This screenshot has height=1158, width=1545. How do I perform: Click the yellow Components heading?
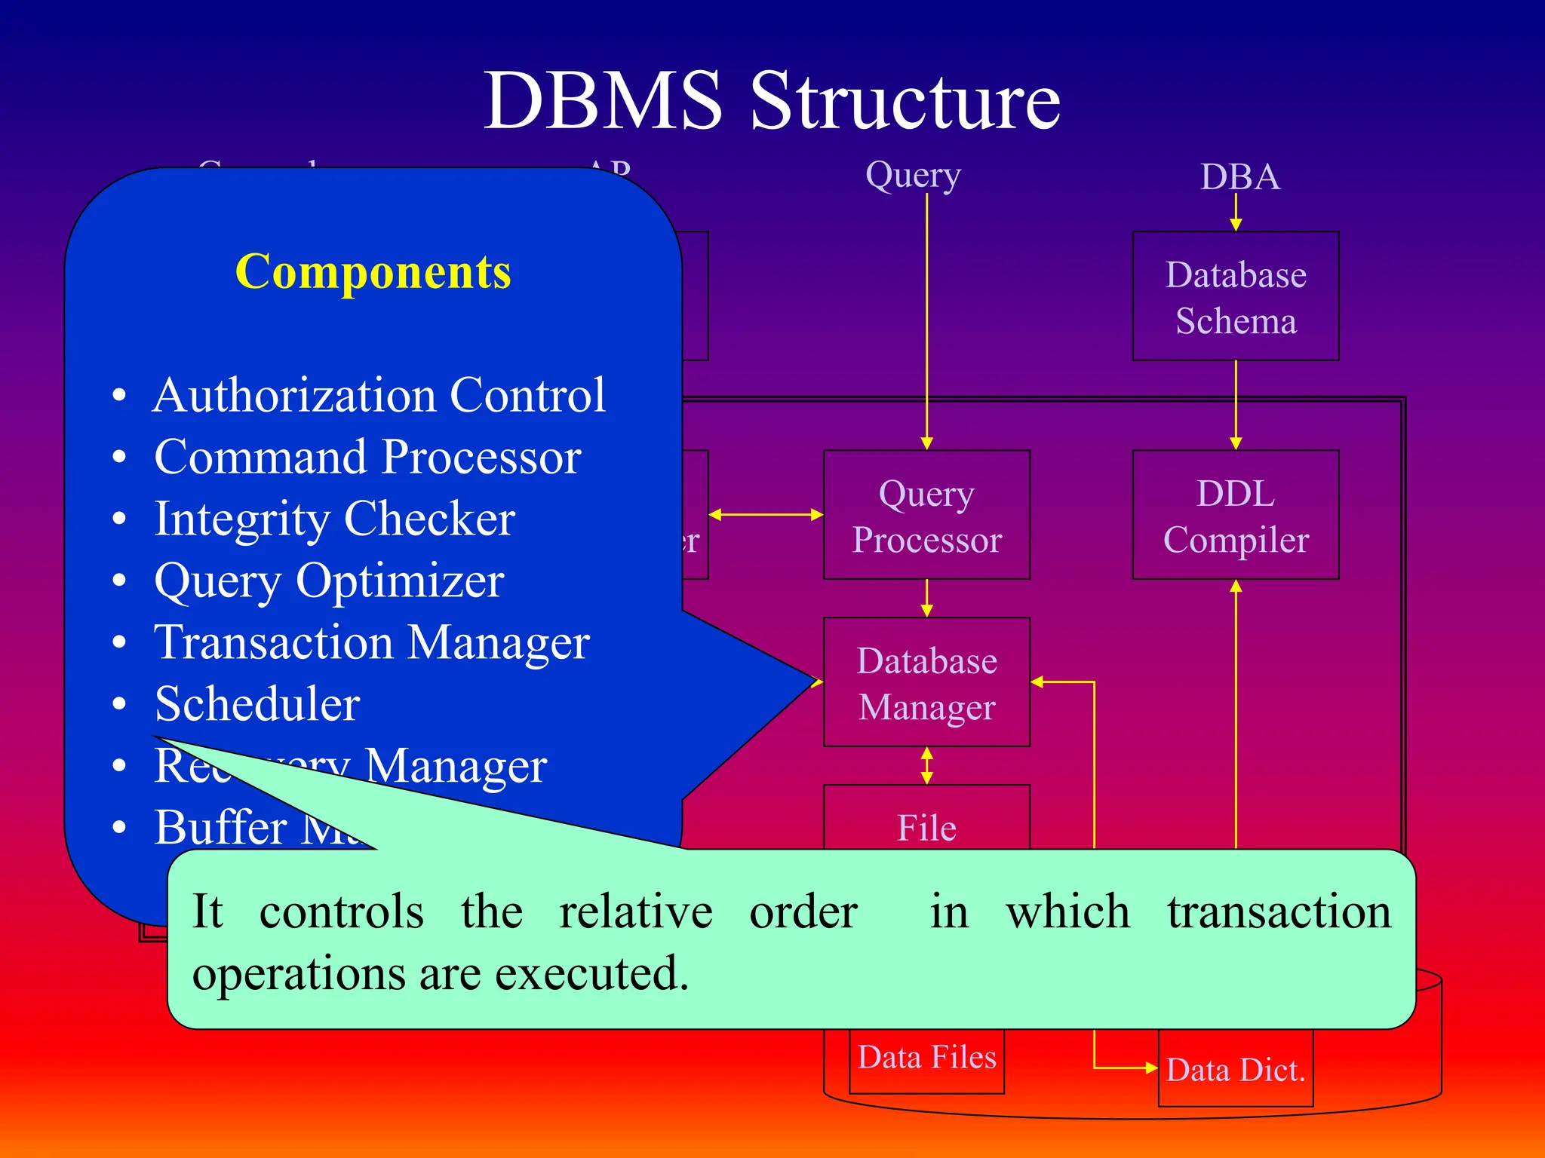(x=373, y=271)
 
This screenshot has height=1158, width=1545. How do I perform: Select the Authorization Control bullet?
(x=379, y=395)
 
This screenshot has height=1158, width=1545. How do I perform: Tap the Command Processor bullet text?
(x=367, y=457)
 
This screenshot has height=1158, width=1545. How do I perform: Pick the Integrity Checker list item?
(x=334, y=519)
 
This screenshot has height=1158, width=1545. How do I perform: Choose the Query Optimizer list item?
(x=329, y=581)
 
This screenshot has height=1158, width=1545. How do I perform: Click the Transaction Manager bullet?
(x=371, y=642)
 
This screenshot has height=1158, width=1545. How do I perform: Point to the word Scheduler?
(x=257, y=704)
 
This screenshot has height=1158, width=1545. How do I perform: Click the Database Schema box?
(x=1235, y=296)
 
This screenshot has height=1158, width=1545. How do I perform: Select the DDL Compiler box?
(x=1235, y=516)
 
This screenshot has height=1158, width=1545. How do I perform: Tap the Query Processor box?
(x=926, y=516)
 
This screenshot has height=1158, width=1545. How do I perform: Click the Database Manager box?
(x=926, y=683)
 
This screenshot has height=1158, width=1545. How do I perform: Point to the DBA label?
(x=1239, y=177)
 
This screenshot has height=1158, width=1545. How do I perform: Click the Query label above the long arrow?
(x=913, y=175)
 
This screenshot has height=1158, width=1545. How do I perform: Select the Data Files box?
(x=926, y=1058)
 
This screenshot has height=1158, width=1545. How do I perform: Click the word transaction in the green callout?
(x=1279, y=911)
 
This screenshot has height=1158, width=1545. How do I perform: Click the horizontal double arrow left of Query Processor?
(x=766, y=515)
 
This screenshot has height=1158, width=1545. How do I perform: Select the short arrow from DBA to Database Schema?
(x=1236, y=212)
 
